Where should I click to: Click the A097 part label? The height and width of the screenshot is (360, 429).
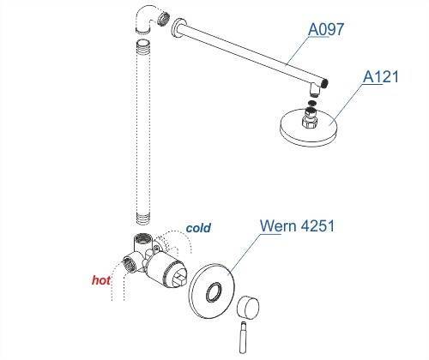click(x=326, y=29)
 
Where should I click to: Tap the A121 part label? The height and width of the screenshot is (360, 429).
click(x=381, y=76)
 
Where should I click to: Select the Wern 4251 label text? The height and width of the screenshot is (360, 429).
click(x=297, y=225)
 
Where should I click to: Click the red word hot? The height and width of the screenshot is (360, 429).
click(x=101, y=280)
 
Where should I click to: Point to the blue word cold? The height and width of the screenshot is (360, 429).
click(x=198, y=228)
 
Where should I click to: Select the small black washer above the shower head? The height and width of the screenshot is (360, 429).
click(x=312, y=103)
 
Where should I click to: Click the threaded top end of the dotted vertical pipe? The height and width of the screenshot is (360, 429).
click(x=143, y=45)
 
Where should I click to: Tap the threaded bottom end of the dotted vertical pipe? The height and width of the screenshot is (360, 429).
click(x=143, y=219)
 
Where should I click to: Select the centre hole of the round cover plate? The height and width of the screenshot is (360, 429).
click(x=214, y=292)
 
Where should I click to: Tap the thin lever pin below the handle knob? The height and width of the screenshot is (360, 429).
click(x=243, y=337)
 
